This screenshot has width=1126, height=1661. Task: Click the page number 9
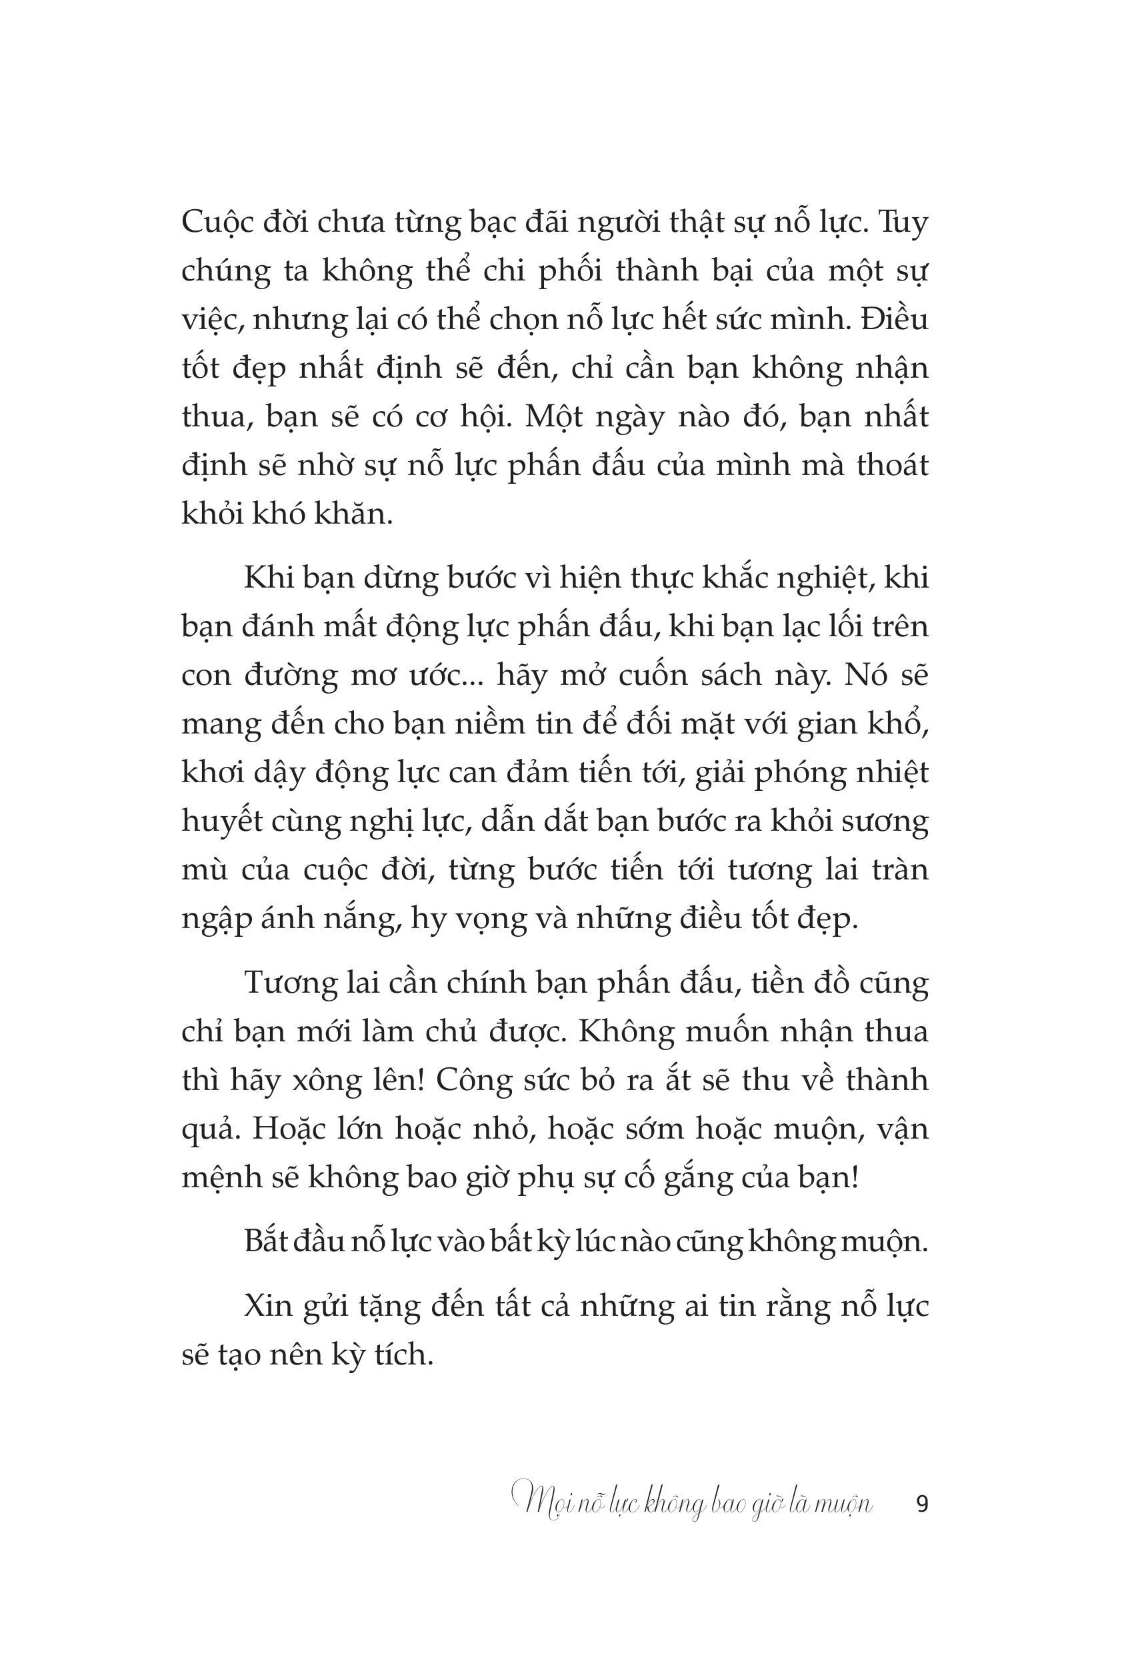pos(921,1504)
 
